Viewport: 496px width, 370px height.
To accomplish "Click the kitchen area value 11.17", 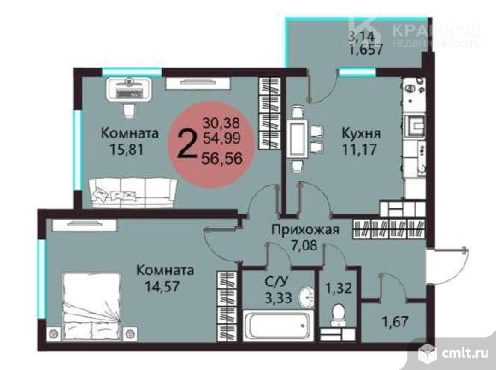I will click(x=360, y=151).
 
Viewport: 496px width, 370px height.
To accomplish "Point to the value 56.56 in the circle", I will click(x=221, y=157).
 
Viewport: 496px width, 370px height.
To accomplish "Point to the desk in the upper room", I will click(x=130, y=86).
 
